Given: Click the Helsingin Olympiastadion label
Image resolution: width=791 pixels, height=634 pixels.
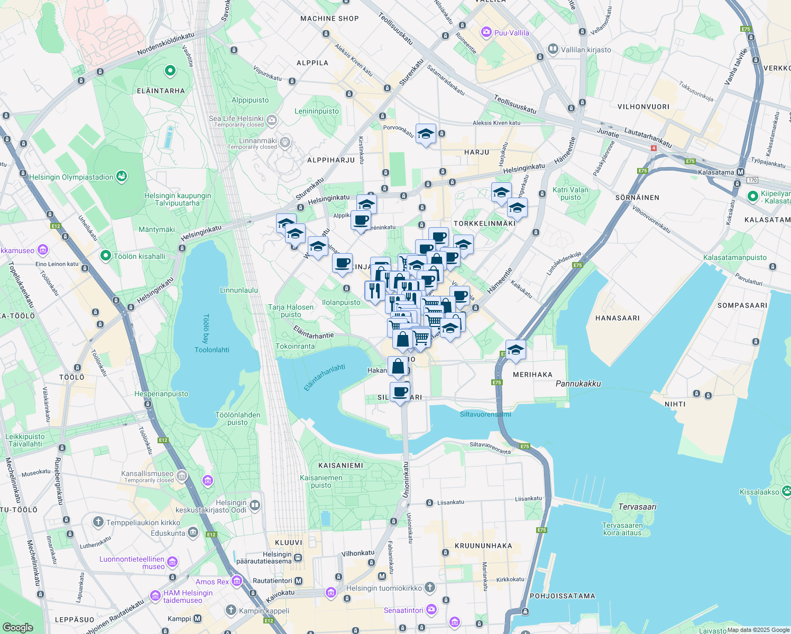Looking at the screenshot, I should pos(71,177).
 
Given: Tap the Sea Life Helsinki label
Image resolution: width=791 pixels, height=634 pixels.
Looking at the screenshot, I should pos(236,118).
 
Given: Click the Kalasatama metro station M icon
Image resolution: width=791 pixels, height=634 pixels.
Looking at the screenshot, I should pos(741,172).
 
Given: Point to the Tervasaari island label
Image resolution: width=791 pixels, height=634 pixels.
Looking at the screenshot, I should pos(637,507).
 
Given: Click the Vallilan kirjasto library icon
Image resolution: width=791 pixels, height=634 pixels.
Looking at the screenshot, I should pos(553,50).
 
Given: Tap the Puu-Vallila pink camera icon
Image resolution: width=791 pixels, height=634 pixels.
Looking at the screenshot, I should pos(486,33).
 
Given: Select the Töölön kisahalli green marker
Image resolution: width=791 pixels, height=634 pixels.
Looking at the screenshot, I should pos(105,256).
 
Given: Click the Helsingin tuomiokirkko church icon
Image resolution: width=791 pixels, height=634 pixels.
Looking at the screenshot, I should pos(430,588).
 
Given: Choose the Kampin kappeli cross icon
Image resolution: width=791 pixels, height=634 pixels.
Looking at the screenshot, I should pos(231,610).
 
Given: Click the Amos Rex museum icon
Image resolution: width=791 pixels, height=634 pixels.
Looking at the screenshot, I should pos(236,582).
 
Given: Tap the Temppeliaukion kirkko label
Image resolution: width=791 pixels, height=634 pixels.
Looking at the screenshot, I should pos(143,523).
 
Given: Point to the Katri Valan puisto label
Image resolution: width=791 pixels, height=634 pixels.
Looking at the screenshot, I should pos(570,193).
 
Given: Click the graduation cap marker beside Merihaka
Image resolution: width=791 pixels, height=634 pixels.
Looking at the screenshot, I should pos(516,350).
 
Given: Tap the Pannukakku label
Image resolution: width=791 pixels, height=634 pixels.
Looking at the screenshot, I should pos(578,384).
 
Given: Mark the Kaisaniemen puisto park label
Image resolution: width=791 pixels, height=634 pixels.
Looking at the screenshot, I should pos(321,481).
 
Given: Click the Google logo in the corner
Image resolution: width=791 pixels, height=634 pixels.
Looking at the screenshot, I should pos(17,627).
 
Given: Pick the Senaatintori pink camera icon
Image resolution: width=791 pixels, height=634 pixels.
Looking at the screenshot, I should pos(431,610).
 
